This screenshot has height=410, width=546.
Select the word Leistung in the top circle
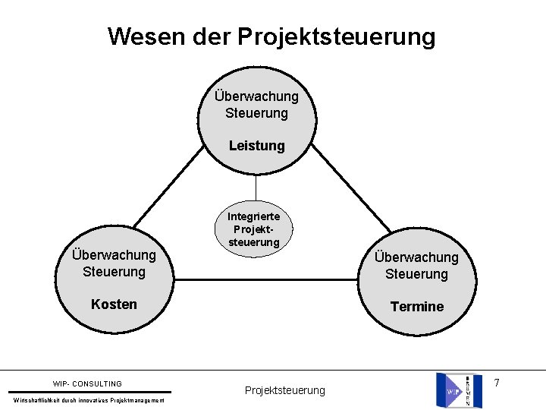tap(257, 145)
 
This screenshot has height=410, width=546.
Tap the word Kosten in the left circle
tap(114, 304)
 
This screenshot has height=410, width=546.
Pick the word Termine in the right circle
tap(416, 306)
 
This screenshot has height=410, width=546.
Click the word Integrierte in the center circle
tap(254, 216)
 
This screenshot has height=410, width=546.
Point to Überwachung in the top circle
tap(256, 96)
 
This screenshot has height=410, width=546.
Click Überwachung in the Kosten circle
tap(114, 255)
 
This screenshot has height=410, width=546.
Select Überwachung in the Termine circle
tap(416, 257)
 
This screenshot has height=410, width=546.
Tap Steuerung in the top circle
tap(256, 113)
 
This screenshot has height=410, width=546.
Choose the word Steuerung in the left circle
tap(114, 271)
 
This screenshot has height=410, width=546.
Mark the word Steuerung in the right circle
tap(416, 273)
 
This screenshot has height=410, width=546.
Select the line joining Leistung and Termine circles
tap(350, 189)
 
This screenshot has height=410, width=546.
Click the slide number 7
tap(497, 383)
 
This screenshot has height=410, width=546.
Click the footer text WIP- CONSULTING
tap(87, 383)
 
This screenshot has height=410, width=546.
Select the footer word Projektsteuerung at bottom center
tap(284, 390)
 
